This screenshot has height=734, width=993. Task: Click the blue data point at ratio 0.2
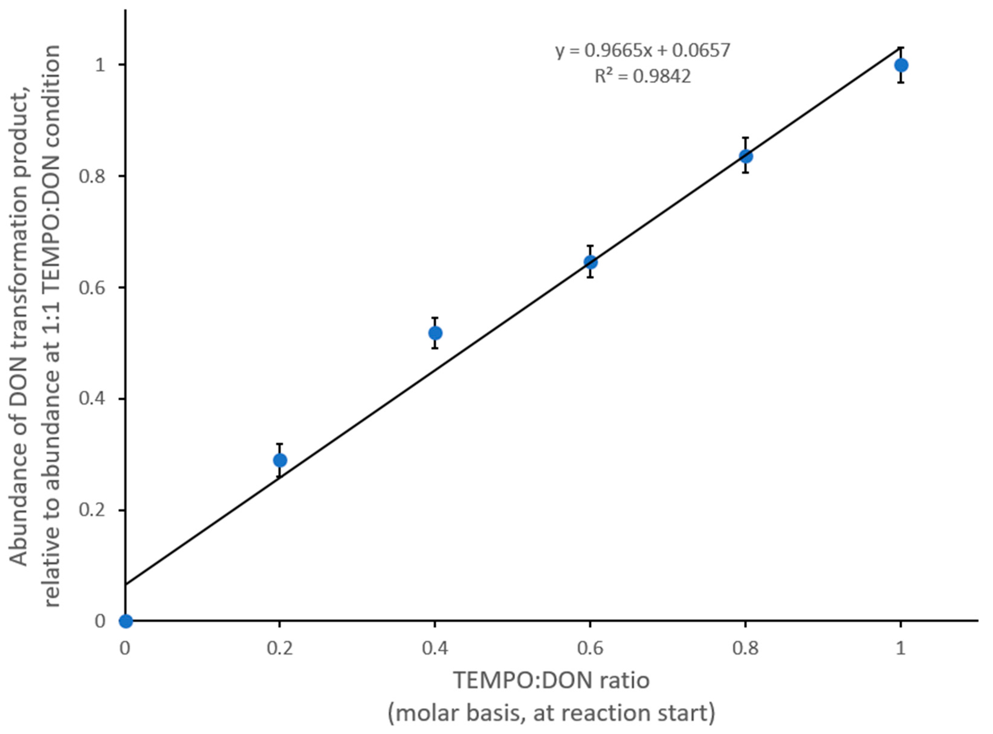click(x=280, y=460)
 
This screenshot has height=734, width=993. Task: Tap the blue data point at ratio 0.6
click(x=590, y=262)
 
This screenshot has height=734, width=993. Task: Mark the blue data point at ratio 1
click(x=901, y=65)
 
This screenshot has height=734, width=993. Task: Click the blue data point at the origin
click(x=126, y=621)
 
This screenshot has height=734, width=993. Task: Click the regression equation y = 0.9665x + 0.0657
click(x=643, y=50)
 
